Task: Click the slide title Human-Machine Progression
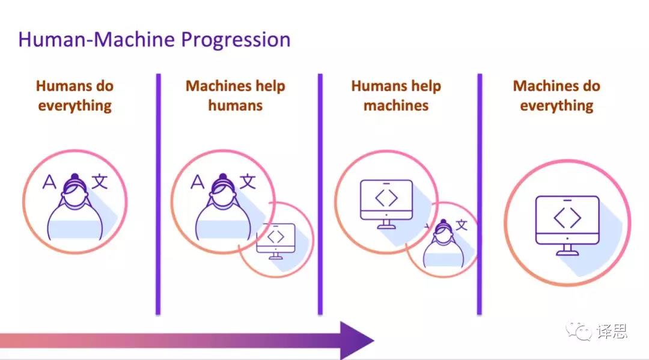(154, 40)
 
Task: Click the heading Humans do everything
(75, 96)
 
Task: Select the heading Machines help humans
(236, 96)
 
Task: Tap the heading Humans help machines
(396, 96)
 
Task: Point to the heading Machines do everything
(556, 96)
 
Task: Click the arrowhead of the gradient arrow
(356, 340)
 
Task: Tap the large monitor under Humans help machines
(386, 202)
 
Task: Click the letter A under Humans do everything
(50, 182)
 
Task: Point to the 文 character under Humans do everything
(99, 180)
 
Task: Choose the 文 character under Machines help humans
(247, 180)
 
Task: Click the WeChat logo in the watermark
(579, 331)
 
